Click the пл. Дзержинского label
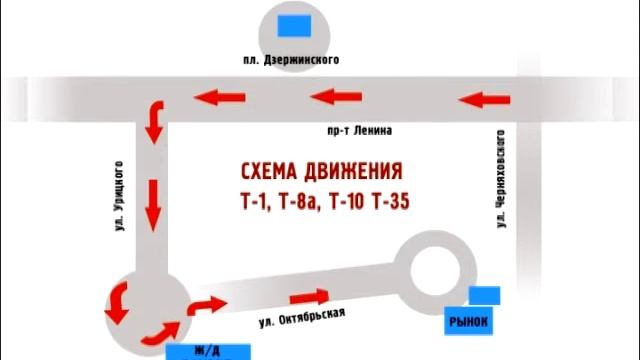coord(291,60)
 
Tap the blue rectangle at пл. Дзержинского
coord(292,22)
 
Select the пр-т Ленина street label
coord(359,131)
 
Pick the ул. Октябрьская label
coord(301,319)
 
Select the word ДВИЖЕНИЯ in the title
coord(356,169)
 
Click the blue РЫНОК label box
coord(467,322)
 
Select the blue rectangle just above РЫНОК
coord(484,295)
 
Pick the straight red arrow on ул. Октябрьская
coord(309,295)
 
